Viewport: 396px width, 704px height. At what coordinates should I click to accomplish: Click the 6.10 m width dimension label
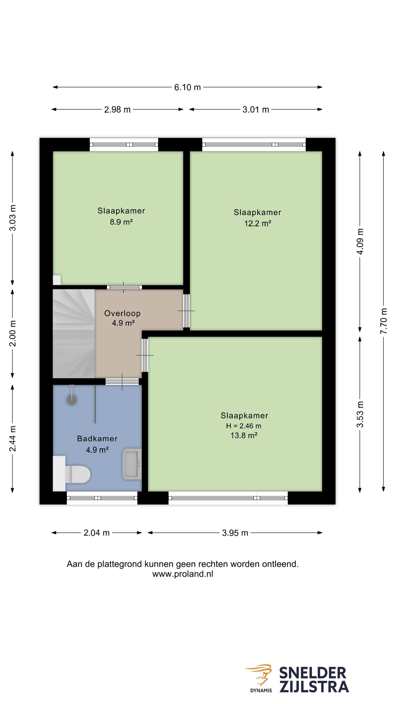[187, 87]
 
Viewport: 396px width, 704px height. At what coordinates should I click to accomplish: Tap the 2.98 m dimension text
[117, 109]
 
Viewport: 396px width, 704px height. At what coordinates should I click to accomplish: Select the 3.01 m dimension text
[255, 109]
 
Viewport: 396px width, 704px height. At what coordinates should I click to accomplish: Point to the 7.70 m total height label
[384, 321]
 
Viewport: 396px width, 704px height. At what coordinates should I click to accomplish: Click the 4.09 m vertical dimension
[360, 241]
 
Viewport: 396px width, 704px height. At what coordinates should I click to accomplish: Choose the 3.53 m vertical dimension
[360, 414]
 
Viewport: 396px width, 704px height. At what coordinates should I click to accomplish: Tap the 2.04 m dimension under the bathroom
[97, 533]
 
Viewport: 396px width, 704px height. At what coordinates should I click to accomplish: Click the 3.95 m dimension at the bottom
[235, 533]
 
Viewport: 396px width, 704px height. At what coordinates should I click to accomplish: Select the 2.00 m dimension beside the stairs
[13, 333]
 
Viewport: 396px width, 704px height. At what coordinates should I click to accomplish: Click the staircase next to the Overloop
[74, 334]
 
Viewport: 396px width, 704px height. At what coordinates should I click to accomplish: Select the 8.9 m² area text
[121, 222]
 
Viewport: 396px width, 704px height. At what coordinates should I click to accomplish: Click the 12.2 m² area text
[258, 223]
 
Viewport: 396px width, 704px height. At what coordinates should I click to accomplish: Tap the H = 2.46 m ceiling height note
[244, 426]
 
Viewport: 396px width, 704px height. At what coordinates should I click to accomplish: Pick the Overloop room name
[122, 313]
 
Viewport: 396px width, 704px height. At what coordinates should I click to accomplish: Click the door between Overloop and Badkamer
[122, 381]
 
